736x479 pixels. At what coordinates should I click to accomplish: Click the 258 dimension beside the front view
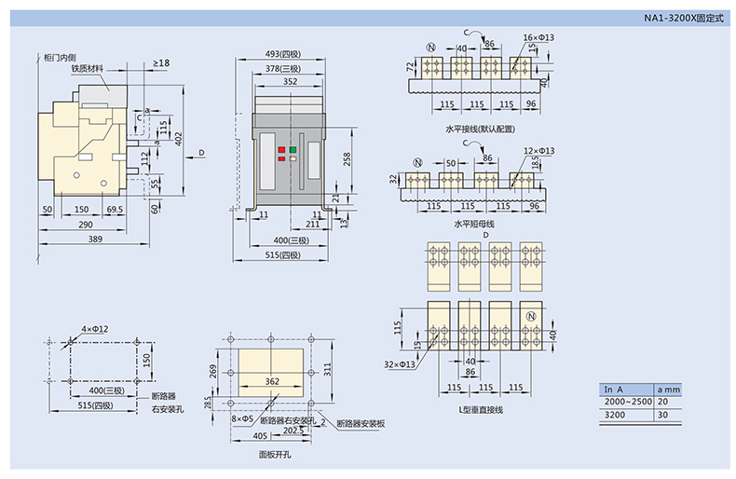click(348, 160)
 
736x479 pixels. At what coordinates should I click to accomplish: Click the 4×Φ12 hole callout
click(94, 329)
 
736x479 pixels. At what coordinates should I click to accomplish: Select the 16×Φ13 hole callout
click(538, 37)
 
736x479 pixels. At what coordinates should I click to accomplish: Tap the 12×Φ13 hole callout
click(538, 150)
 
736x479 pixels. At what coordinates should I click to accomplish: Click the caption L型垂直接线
click(481, 410)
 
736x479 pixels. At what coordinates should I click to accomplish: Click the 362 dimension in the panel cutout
click(271, 381)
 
